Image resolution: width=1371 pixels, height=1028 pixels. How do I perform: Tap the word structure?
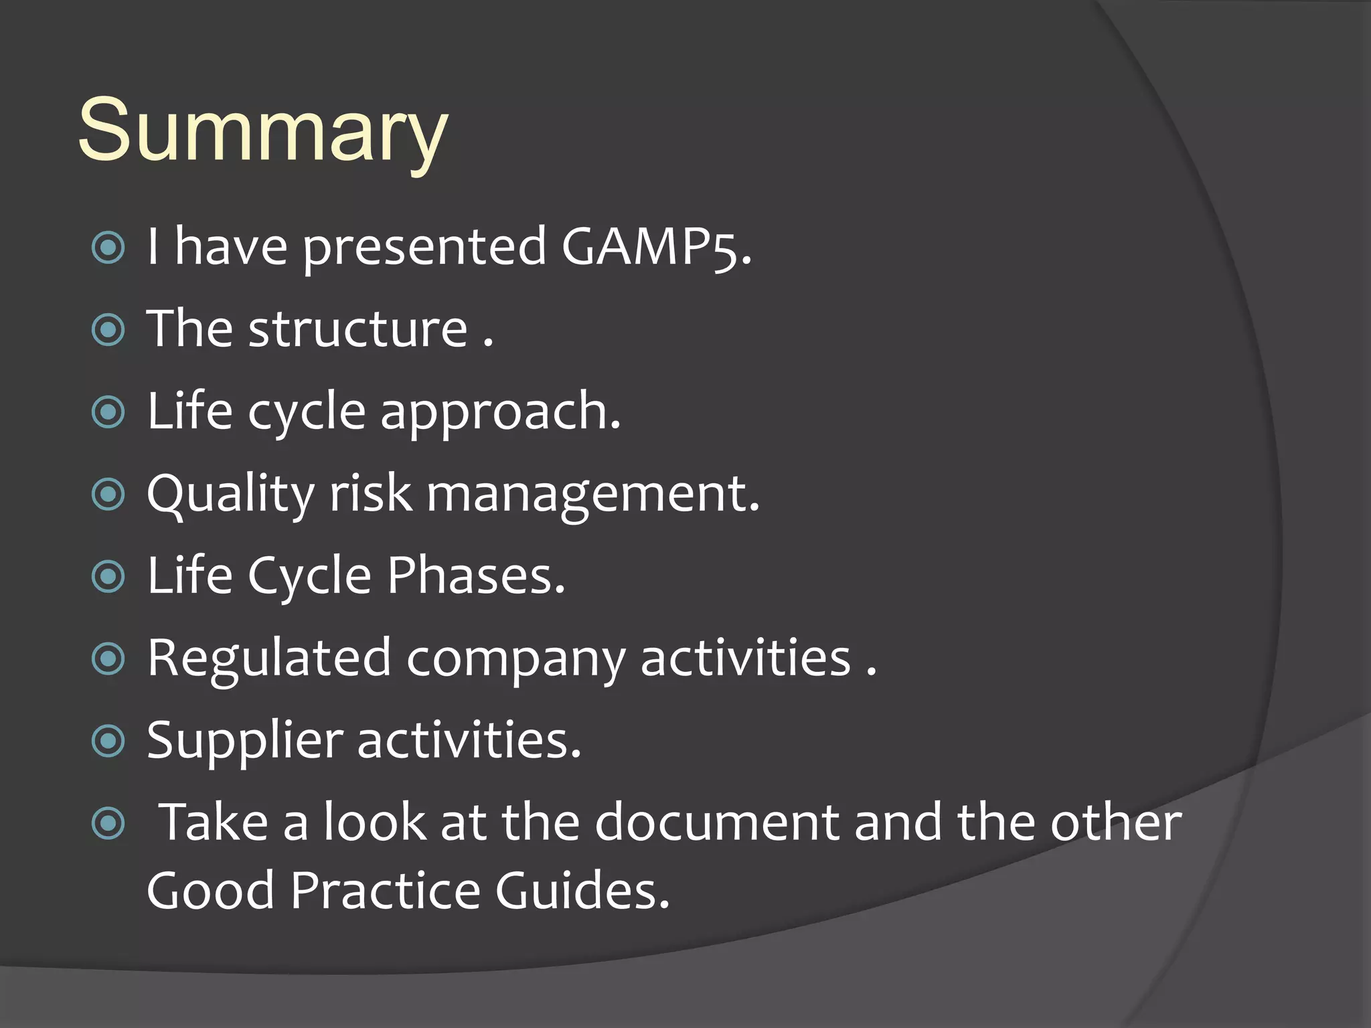click(357, 329)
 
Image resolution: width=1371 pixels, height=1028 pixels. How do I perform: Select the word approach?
click(500, 412)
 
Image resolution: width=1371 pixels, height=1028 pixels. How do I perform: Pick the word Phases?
click(476, 576)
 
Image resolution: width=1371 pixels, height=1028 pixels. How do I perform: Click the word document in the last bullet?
click(716, 823)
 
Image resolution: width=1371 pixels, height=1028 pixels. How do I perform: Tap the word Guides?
click(582, 891)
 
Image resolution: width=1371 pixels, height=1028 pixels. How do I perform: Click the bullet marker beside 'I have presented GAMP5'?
click(108, 248)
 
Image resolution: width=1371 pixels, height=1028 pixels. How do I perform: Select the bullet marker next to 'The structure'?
click(108, 330)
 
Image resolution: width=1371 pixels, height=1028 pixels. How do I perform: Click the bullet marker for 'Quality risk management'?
click(108, 495)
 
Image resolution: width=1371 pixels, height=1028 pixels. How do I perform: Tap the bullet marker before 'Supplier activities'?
click(108, 741)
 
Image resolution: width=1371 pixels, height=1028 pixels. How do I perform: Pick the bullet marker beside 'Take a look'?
click(108, 823)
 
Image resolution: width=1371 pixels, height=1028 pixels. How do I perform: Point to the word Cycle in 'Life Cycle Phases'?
click(309, 576)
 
